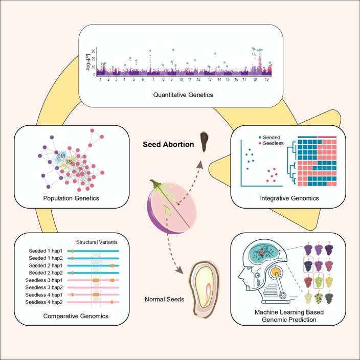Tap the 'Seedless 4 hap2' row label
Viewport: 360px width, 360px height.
point(44,303)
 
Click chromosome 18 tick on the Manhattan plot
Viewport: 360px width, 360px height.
point(255,79)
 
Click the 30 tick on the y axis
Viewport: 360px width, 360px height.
point(93,51)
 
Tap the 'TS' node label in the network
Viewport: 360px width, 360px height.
point(68,162)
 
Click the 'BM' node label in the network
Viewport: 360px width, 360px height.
point(61,155)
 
